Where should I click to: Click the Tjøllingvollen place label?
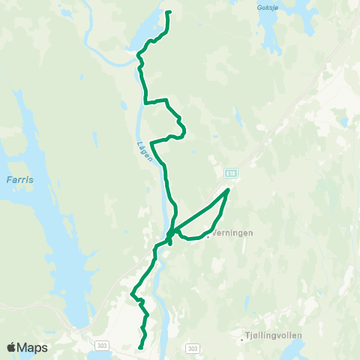(x=274, y=337)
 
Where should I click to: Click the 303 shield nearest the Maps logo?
(x=102, y=345)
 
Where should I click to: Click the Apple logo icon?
(x=11, y=347)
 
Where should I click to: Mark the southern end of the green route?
(x=141, y=347)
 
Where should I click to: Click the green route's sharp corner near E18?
(x=228, y=190)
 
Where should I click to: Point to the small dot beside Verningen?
(x=208, y=232)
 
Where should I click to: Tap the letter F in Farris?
(x=7, y=180)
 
